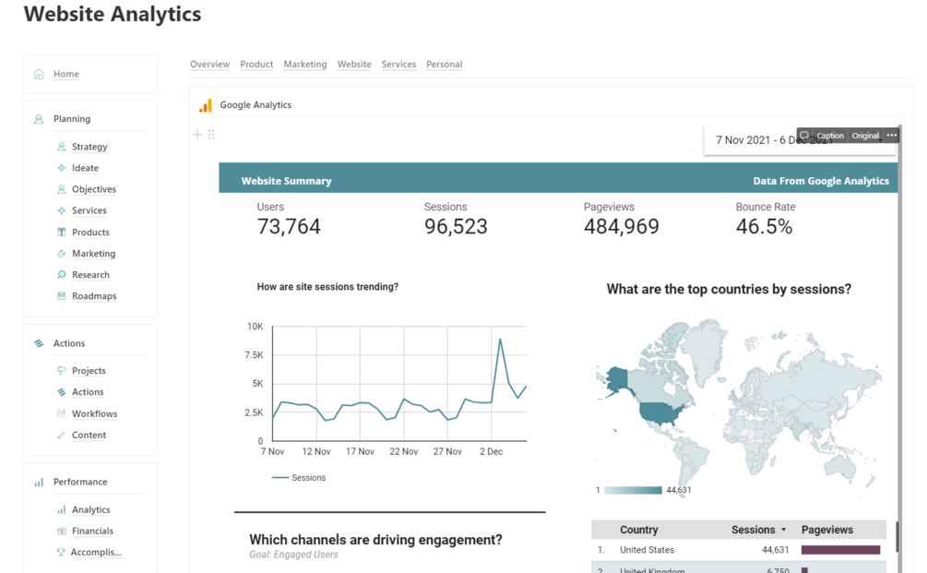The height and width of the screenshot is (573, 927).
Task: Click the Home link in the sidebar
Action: [x=65, y=74]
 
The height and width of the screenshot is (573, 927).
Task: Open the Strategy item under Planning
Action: [x=89, y=147]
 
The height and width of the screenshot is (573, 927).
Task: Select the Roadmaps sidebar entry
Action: [x=94, y=296]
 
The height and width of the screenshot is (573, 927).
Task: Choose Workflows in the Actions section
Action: [x=94, y=413]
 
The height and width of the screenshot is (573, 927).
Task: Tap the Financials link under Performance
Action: [x=92, y=531]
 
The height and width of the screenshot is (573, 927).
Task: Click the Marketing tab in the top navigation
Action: [x=304, y=65]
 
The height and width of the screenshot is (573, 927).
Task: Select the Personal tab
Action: [x=444, y=65]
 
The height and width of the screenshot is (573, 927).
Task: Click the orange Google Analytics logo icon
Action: [x=206, y=105]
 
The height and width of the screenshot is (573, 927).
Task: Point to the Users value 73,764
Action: [x=289, y=227]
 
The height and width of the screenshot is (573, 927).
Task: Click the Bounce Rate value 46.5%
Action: [x=764, y=227]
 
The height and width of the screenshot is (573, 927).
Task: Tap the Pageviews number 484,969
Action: [x=621, y=227]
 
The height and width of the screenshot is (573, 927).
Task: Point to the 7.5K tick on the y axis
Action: [x=254, y=355]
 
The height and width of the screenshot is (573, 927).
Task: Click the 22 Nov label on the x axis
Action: [x=404, y=452]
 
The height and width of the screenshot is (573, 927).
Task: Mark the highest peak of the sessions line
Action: [x=500, y=340]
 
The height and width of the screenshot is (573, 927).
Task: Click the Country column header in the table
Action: [x=638, y=530]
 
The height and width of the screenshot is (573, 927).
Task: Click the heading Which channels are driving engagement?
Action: [x=375, y=540]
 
